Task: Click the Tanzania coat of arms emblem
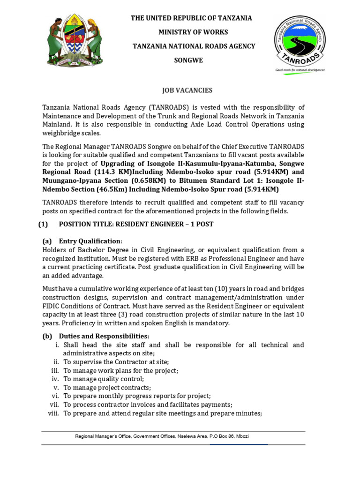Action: tap(75, 42)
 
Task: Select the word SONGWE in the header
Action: tap(188, 60)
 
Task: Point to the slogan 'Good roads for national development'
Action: tap(300, 69)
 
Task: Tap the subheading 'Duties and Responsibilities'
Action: tap(104, 336)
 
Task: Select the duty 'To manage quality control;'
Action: tap(104, 379)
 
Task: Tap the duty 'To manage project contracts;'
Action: tap(107, 387)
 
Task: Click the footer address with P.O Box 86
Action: tap(162, 436)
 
